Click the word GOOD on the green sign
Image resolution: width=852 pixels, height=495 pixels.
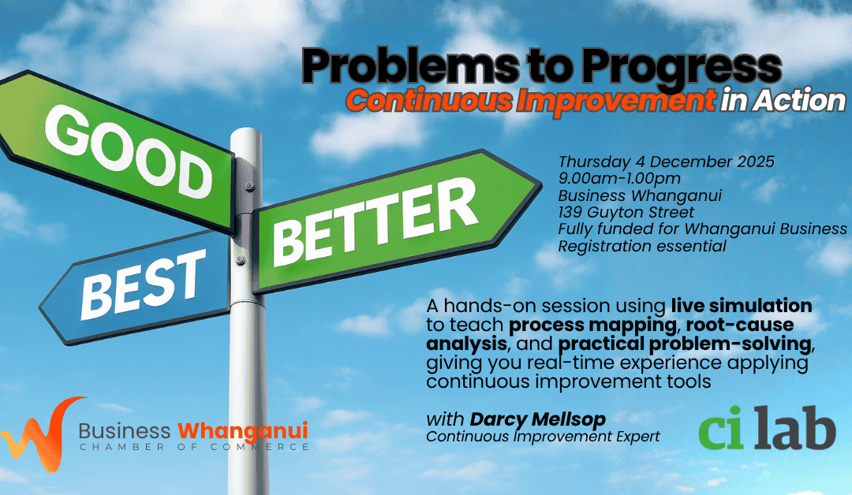pyautogui.click(x=129, y=151)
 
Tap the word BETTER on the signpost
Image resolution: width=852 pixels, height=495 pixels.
pyautogui.click(x=375, y=222)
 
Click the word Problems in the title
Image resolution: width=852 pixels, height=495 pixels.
pyautogui.click(x=409, y=67)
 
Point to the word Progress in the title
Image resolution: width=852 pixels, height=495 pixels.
pyautogui.click(x=682, y=69)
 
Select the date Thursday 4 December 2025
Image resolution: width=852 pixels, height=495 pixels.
pyautogui.click(x=666, y=162)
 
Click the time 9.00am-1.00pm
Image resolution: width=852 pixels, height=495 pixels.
pyautogui.click(x=619, y=179)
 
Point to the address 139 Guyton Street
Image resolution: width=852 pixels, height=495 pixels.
pyautogui.click(x=626, y=212)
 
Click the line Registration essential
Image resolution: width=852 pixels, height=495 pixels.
pyautogui.click(x=642, y=247)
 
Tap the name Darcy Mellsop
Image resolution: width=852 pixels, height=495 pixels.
pyautogui.click(x=538, y=419)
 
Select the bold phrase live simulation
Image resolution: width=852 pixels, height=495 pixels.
pyautogui.click(x=742, y=306)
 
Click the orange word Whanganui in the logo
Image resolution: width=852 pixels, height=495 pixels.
pyautogui.click(x=243, y=431)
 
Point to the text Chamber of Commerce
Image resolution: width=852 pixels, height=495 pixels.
pyautogui.click(x=194, y=447)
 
